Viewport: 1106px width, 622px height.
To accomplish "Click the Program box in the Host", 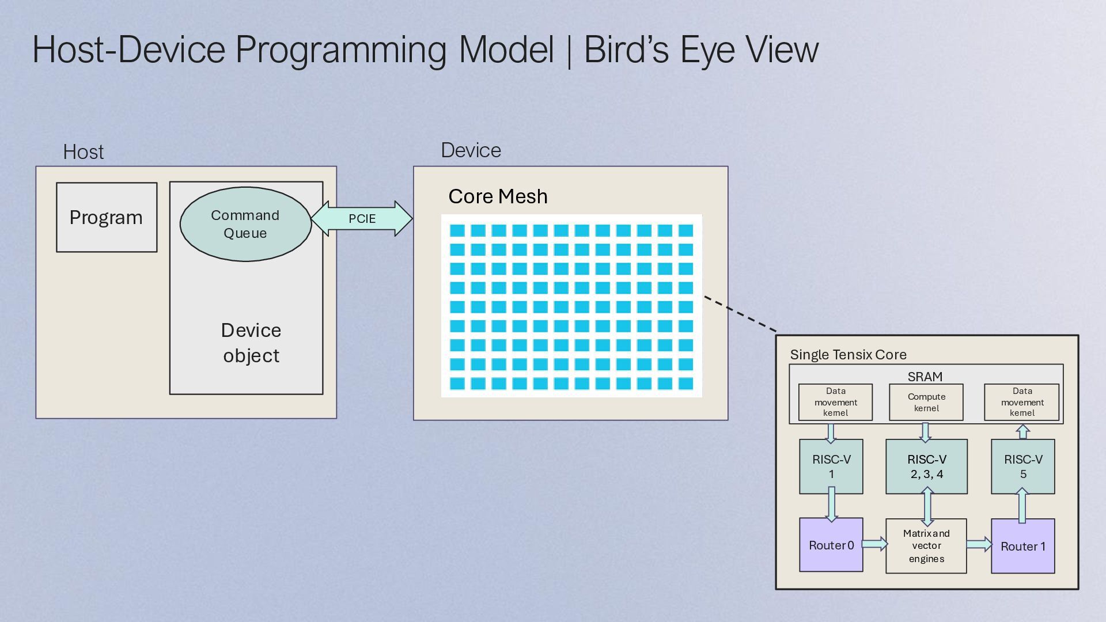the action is click(107, 217).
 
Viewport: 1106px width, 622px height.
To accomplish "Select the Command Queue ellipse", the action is click(245, 224).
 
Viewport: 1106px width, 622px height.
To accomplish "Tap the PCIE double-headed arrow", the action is click(362, 219).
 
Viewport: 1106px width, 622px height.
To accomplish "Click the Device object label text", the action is click(251, 343).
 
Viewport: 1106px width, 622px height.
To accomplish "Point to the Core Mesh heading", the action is click(498, 196).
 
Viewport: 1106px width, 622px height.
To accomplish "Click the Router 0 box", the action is click(831, 545).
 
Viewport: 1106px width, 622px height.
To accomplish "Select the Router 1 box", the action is click(1022, 546).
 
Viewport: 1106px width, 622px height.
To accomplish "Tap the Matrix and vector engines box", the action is click(926, 546).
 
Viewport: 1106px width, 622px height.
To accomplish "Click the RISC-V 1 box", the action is click(831, 466).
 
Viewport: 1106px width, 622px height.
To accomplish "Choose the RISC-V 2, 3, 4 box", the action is click(926, 466).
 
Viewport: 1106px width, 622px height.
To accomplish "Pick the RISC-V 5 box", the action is click(1022, 466).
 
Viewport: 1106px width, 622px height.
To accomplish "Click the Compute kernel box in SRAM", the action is click(926, 402).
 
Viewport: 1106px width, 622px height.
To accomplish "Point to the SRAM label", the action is click(925, 377).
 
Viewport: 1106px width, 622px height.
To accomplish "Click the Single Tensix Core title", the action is click(848, 355).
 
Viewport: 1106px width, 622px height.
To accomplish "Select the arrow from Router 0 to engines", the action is click(875, 544).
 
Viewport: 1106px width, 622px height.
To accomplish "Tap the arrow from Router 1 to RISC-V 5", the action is click(1022, 506).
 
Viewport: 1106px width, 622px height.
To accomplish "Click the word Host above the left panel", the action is click(84, 152).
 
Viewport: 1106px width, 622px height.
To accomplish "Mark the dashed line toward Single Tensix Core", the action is click(740, 314).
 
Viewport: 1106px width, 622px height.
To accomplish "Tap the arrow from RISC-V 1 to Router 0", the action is click(831, 505).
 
